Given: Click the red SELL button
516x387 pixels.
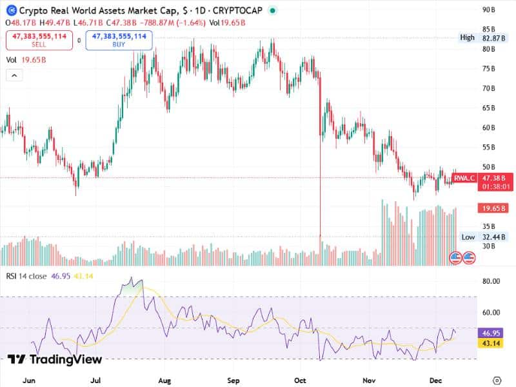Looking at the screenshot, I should tap(39, 41).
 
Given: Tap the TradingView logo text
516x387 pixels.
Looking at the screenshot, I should tap(56, 360).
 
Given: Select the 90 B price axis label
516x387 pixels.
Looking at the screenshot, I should tap(488, 10).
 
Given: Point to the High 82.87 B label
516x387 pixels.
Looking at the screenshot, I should tap(477, 37).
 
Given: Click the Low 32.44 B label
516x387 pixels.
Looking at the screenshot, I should tap(477, 237).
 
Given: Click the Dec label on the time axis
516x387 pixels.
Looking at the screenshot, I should tap(435, 381).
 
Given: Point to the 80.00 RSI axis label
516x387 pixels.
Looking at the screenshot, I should tap(491, 281).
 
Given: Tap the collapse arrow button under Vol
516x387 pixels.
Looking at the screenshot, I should tap(14, 75).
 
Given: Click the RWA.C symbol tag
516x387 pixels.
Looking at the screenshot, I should tap(464, 178).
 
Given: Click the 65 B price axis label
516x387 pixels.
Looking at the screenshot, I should tap(488, 108).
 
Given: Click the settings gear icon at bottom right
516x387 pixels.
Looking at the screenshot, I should tap(497, 380).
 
